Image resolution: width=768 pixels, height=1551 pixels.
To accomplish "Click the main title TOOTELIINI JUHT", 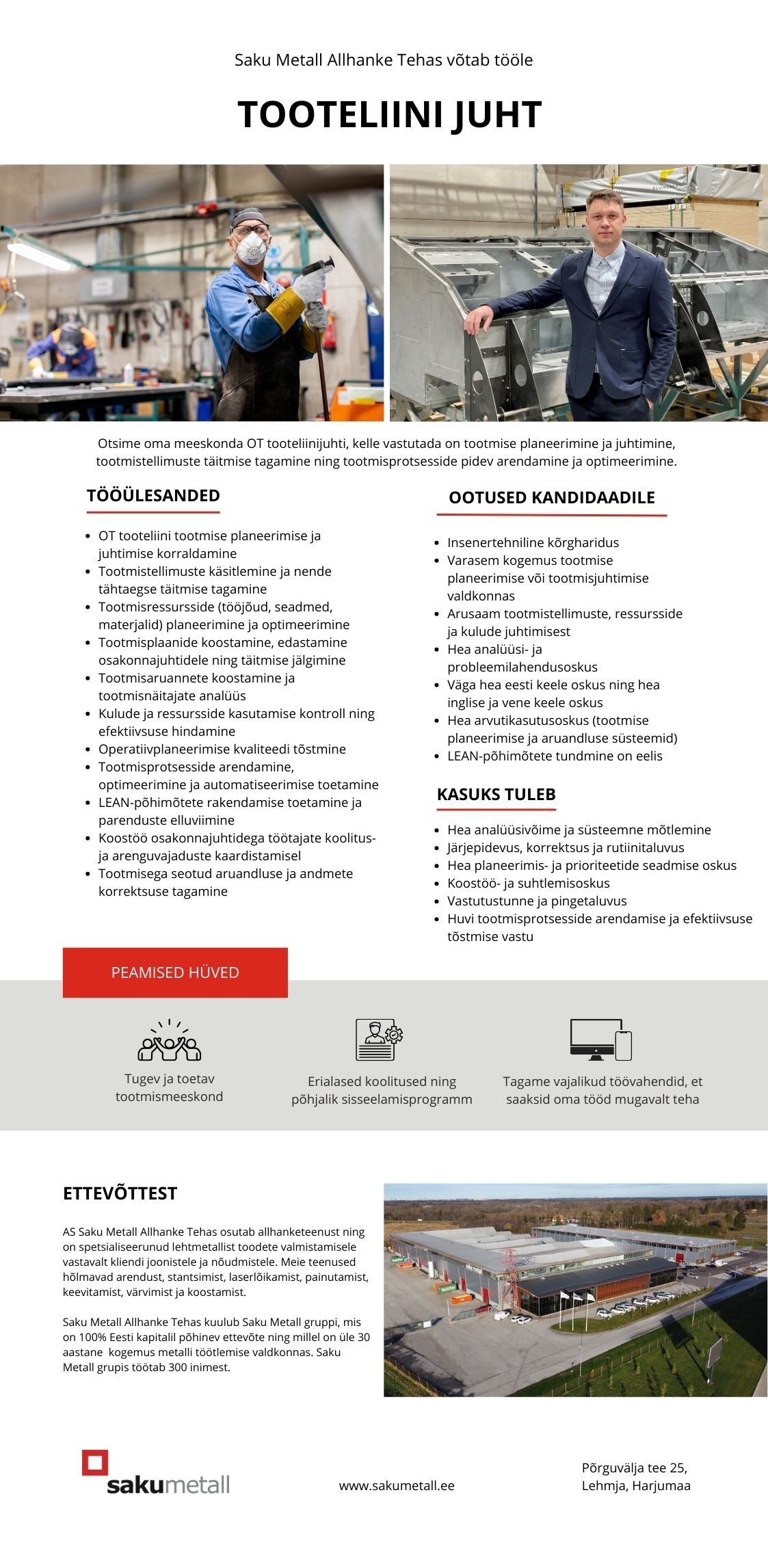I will pos(389,114).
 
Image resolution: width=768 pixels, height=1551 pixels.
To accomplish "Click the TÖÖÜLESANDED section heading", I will pos(153,496).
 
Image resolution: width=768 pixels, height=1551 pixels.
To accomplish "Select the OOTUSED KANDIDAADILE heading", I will pos(551,498).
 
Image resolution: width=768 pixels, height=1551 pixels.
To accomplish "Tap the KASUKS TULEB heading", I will pos(496,795).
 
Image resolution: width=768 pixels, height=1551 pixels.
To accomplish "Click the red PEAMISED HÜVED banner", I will pos(175,972).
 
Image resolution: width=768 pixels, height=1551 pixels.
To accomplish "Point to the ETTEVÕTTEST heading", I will pos(120,1193).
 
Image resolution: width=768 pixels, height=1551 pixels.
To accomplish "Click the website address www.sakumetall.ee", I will pos(397,1485).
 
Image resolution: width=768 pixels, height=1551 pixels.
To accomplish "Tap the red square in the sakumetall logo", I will pos(95,1463).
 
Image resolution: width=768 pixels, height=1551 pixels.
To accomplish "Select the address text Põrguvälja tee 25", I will pos(634,1468).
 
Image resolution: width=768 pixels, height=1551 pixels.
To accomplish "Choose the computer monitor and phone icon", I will pos(600,1039).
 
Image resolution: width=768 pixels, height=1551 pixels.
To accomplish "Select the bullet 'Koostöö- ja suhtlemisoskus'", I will pos(528,883).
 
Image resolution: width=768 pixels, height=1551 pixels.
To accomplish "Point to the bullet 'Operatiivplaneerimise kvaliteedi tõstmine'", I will pos(222,749).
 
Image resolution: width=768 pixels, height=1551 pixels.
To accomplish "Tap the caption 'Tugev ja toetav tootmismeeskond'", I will pos(169,1087).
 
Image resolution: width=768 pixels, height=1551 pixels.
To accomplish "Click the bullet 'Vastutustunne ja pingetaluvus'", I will pos(537,901).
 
